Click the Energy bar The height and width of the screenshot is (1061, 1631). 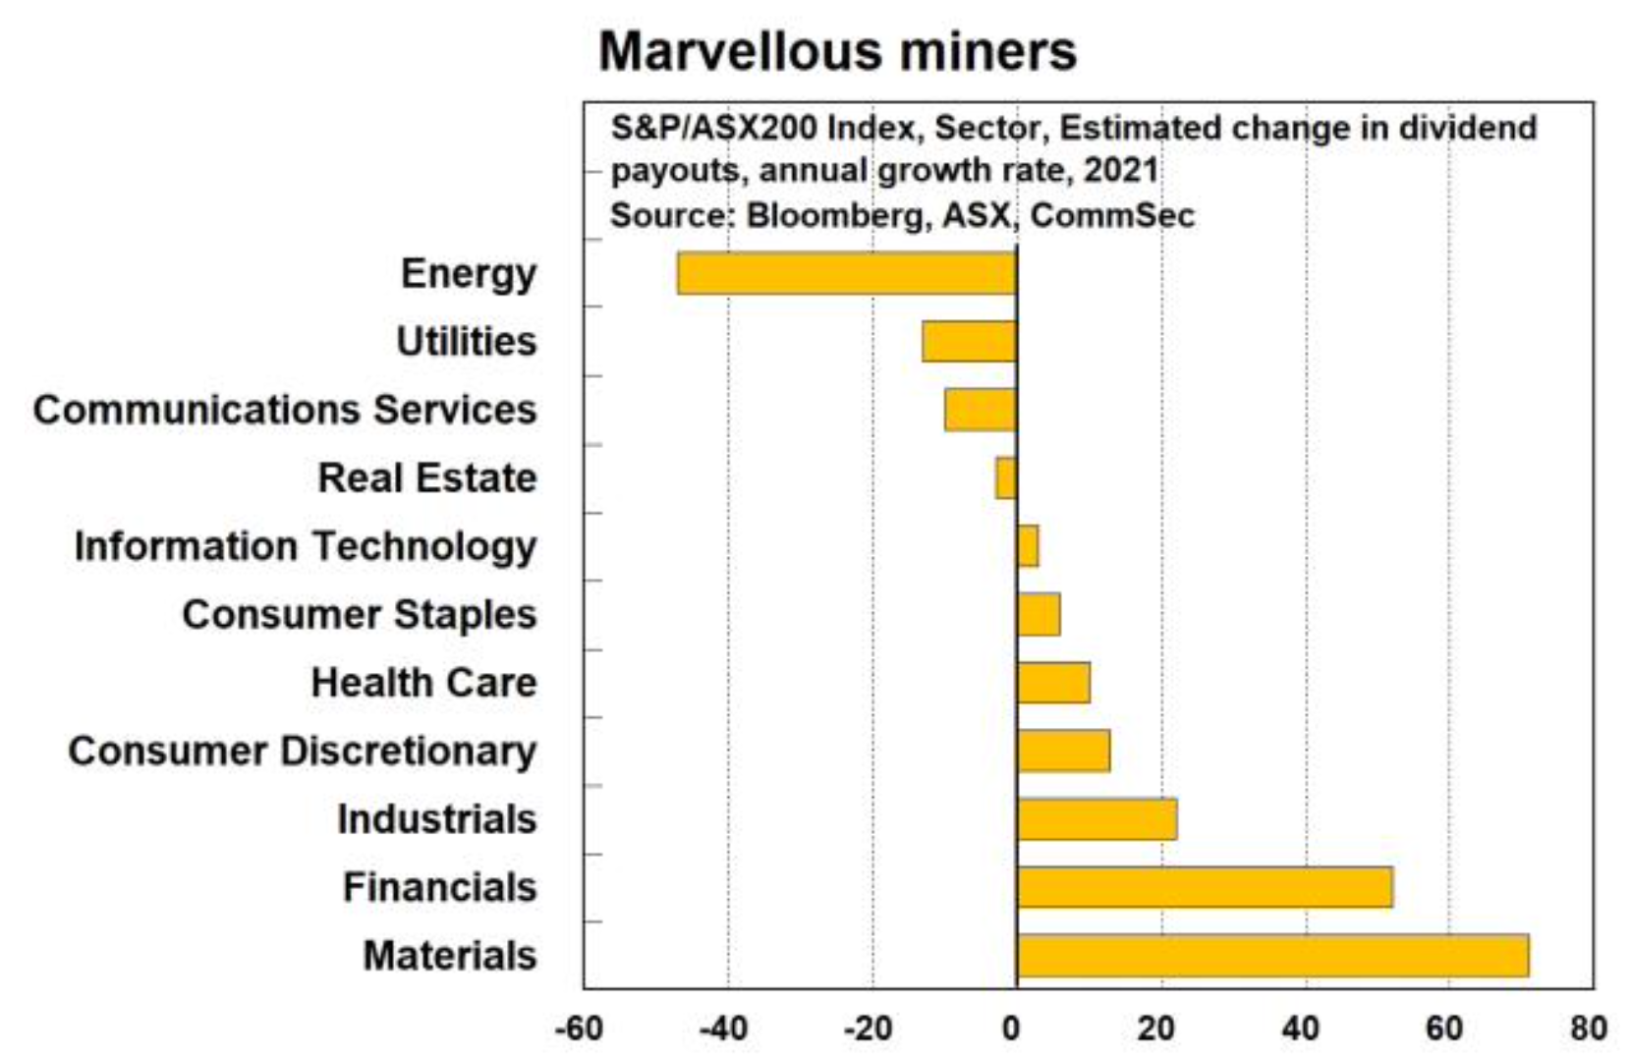pyautogui.click(x=846, y=273)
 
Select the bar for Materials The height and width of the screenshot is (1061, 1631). pyautogui.click(x=1272, y=956)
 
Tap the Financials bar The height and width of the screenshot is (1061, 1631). pyautogui.click(x=1205, y=887)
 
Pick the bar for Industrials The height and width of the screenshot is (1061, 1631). pyautogui.click(x=1097, y=819)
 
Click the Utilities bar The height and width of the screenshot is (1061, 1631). pyautogui.click(x=969, y=342)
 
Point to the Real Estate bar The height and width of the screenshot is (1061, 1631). pyautogui.click(x=1006, y=478)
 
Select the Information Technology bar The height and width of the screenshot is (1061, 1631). pyautogui.click(x=1028, y=546)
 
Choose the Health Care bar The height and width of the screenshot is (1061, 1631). pyautogui.click(x=1053, y=683)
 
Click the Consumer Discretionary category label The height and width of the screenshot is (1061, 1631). pyautogui.click(x=303, y=751)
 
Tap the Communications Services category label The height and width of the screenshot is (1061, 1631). pyautogui.click(x=285, y=410)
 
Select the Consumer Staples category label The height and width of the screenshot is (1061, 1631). pyautogui.click(x=360, y=615)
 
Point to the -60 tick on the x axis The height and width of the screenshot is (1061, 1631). pyautogui.click(x=579, y=1029)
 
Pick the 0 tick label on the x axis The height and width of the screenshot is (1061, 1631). pyautogui.click(x=1011, y=1029)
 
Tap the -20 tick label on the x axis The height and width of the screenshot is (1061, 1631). pyautogui.click(x=868, y=1029)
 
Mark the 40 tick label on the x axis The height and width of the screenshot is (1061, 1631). pyautogui.click(x=1300, y=1029)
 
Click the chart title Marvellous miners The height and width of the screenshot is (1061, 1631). pyautogui.click(x=837, y=51)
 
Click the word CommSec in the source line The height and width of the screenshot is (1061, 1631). pyautogui.click(x=1112, y=214)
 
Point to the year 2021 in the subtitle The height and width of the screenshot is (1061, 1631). pyautogui.click(x=1121, y=171)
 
